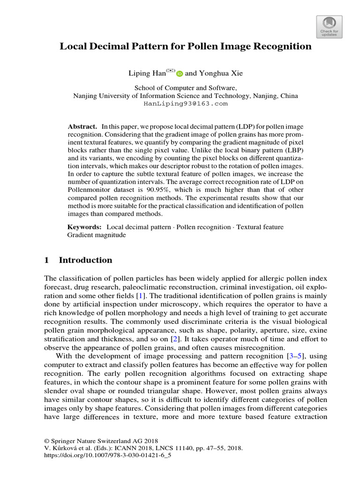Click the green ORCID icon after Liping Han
click(x=180, y=74)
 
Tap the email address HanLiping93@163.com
click(x=185, y=104)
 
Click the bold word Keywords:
click(x=85, y=227)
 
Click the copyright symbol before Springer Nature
click(x=46, y=441)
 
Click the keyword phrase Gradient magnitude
click(x=97, y=235)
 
